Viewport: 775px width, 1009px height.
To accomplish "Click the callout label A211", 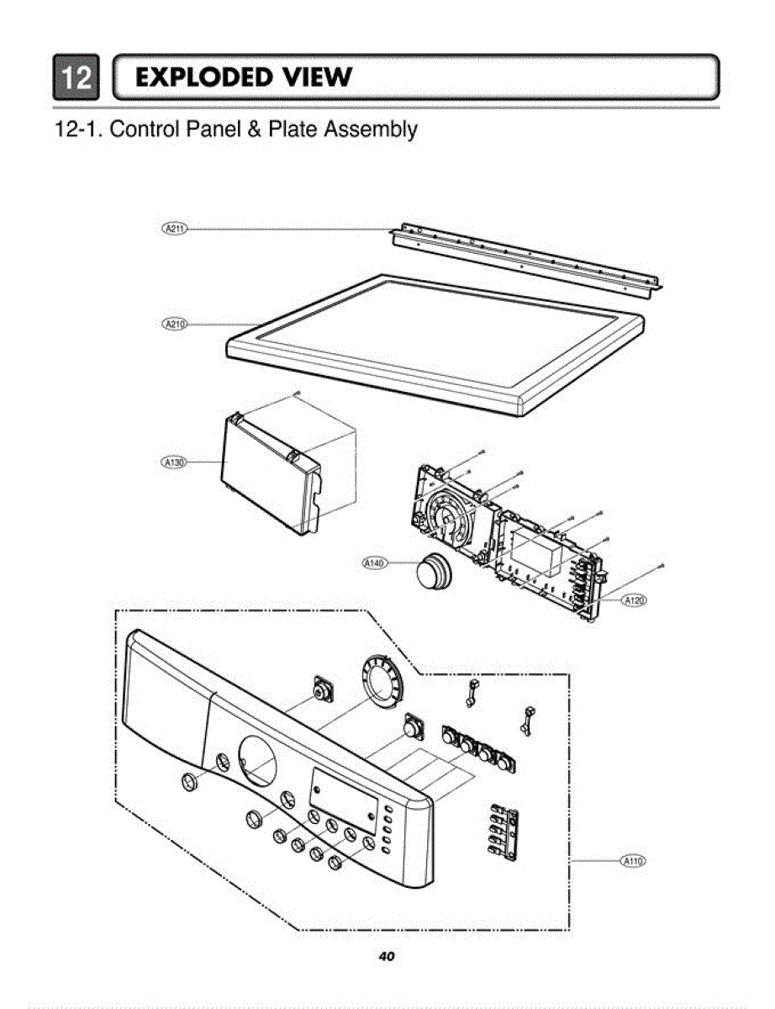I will coord(175,228).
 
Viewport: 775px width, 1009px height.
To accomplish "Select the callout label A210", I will coord(175,324).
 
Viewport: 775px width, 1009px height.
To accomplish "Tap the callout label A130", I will coord(175,462).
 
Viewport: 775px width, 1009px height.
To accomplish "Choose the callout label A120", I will coord(634,600).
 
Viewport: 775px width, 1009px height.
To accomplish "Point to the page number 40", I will coord(387,956).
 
